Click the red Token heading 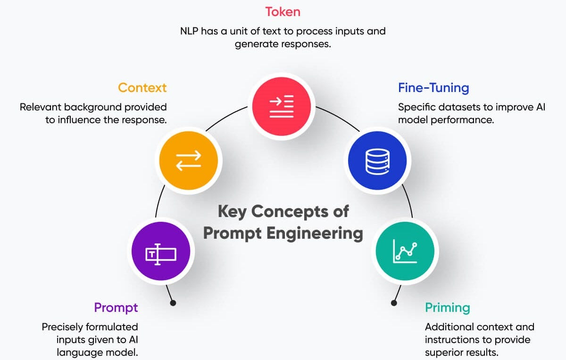(283, 11)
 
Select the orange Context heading (142, 88)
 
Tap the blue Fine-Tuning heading (433, 88)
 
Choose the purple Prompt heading (116, 308)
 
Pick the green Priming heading (447, 308)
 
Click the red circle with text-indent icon (282, 106)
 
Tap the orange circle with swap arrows (189, 160)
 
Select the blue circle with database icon (377, 160)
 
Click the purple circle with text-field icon (161, 254)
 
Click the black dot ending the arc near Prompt (173, 303)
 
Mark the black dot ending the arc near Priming (394, 303)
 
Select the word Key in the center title (232, 211)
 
